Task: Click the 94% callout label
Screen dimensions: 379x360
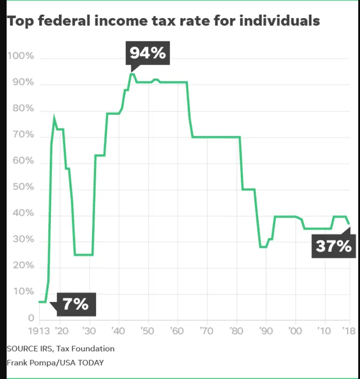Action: click(x=148, y=53)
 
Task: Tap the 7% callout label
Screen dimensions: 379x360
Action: click(x=76, y=304)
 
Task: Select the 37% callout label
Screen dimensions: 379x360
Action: click(x=333, y=246)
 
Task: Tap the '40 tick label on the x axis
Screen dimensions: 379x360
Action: click(x=119, y=331)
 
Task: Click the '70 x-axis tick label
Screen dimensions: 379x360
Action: click(x=207, y=331)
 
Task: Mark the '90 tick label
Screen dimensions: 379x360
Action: click(x=266, y=331)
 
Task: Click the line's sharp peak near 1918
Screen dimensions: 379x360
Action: click(x=54, y=118)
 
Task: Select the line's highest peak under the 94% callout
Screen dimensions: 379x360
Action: click(x=131, y=73)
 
